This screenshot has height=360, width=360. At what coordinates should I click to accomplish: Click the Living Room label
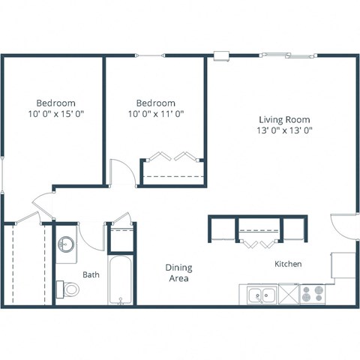tap(284, 119)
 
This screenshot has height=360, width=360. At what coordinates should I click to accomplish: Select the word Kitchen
tap(288, 264)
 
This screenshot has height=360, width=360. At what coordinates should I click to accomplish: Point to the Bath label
tap(91, 275)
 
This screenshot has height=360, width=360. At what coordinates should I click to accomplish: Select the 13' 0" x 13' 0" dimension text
tap(284, 130)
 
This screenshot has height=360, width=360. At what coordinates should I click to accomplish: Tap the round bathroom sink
tap(66, 244)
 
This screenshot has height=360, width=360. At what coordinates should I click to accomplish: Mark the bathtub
tap(120, 280)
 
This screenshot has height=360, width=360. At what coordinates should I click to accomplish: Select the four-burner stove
tap(311, 295)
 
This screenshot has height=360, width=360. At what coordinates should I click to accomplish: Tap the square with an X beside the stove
tap(289, 294)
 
